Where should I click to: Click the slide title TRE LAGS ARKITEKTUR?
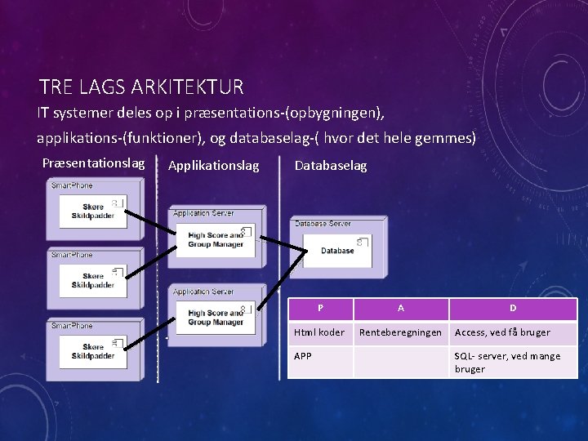pos(140,86)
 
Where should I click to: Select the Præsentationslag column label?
pos(93,163)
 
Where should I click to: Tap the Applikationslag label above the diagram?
pos(213,166)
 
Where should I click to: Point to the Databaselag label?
pos(330,166)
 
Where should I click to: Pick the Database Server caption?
pos(323,223)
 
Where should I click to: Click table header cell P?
pos(320,309)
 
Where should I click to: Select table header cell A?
pos(400,309)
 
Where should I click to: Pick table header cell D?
pos(513,309)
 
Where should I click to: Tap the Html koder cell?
pos(319,332)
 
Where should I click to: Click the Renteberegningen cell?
pos(400,332)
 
